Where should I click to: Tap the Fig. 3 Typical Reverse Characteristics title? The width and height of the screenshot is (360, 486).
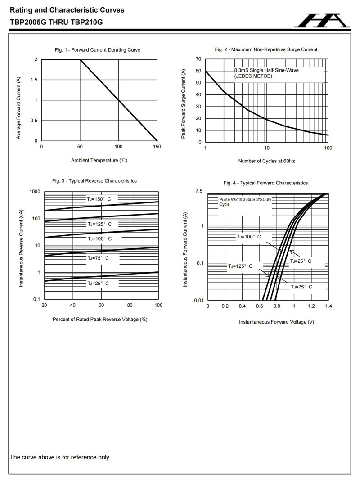click(x=94, y=181)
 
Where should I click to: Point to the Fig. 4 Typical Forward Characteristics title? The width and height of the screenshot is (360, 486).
click(x=265, y=183)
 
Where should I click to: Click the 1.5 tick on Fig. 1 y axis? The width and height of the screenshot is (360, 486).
click(x=33, y=80)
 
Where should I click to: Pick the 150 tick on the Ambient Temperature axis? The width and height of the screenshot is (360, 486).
click(x=157, y=147)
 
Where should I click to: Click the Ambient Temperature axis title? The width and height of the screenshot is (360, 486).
click(x=99, y=160)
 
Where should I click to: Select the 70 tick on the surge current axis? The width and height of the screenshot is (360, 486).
click(x=198, y=59)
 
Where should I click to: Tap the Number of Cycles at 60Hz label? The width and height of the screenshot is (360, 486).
click(x=266, y=161)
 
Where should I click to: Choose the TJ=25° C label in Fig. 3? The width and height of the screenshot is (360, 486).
click(x=98, y=283)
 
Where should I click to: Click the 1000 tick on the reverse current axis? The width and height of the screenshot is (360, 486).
click(x=35, y=192)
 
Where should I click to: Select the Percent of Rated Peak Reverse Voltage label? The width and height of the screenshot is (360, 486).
click(x=100, y=319)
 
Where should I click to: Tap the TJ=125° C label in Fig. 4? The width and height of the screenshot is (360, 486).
click(x=240, y=266)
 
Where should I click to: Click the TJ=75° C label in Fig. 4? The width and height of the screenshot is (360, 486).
click(x=301, y=287)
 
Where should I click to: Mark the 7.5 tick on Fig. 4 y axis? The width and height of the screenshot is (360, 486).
click(x=199, y=192)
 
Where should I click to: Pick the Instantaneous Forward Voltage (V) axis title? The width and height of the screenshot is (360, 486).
click(x=276, y=322)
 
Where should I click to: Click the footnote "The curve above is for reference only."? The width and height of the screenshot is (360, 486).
click(x=60, y=457)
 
